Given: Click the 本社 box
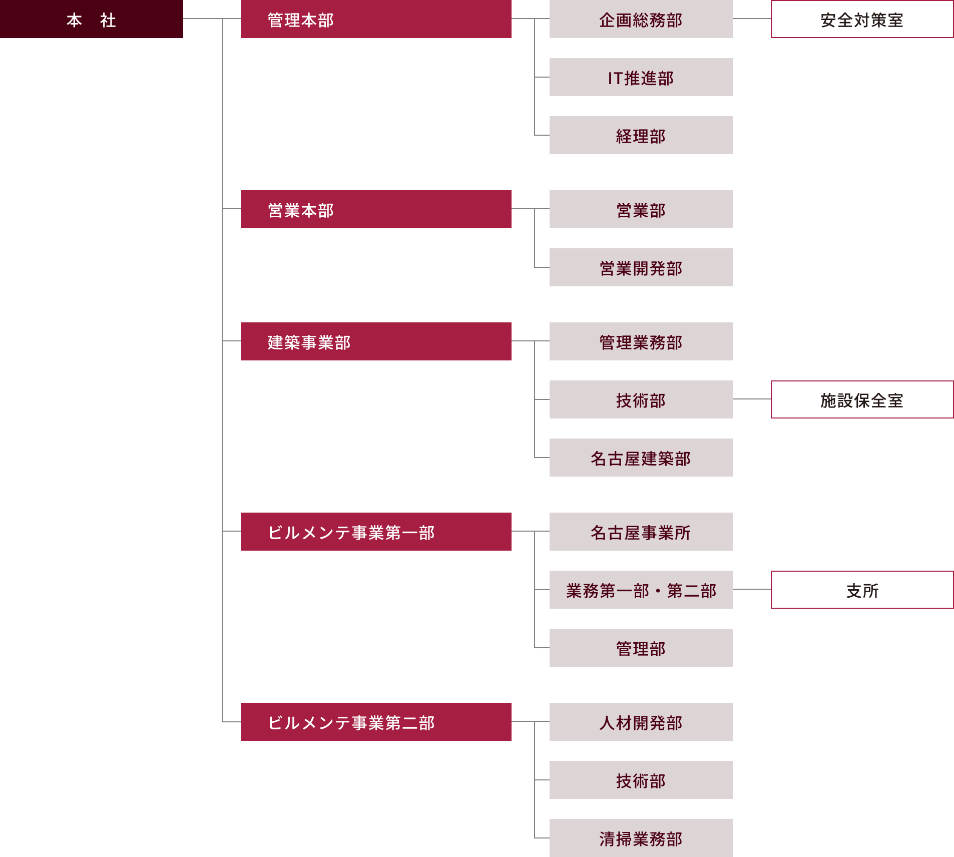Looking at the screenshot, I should (91, 19).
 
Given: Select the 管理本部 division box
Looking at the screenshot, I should (376, 19).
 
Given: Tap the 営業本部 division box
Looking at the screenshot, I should (376, 209).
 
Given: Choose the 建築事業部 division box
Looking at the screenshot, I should (376, 341).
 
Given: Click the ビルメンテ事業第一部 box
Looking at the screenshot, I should (376, 532).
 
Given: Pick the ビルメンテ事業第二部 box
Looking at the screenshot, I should (376, 722).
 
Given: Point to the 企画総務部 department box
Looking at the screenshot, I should (641, 19).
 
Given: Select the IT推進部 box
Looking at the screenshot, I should (641, 77).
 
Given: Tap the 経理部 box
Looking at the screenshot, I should (641, 135).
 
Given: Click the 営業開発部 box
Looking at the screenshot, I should (641, 267).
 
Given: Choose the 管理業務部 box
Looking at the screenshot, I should (641, 341).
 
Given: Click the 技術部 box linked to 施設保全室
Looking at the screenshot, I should (641, 399).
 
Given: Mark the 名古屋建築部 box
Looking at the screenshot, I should (641, 458).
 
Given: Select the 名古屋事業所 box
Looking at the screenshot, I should (641, 532).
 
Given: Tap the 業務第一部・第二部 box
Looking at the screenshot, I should (641, 590).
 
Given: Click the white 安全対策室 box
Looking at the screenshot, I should (862, 19).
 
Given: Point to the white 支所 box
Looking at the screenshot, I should (862, 590).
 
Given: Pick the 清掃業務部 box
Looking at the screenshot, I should (641, 838).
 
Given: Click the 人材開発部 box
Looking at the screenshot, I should (641, 722).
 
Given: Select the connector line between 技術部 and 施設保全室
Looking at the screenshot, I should (752, 399).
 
